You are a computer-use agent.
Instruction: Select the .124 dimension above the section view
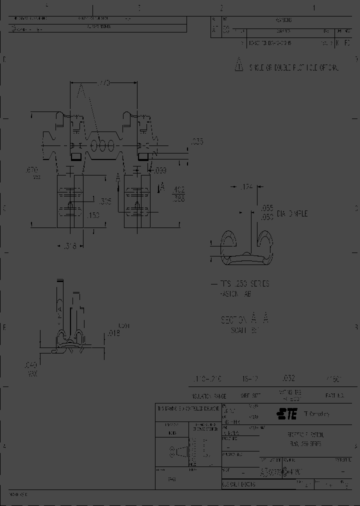(x=244, y=187)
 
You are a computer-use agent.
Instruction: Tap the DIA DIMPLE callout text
(x=294, y=213)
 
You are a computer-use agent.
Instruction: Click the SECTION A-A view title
(x=244, y=319)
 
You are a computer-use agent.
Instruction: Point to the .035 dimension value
(x=197, y=142)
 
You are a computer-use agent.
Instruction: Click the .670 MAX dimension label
(x=32, y=172)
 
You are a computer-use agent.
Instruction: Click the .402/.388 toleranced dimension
(x=178, y=193)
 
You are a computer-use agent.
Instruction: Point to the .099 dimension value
(x=159, y=171)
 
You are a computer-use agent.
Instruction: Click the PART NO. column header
(x=335, y=395)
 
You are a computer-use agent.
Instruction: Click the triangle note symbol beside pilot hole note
(x=239, y=66)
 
